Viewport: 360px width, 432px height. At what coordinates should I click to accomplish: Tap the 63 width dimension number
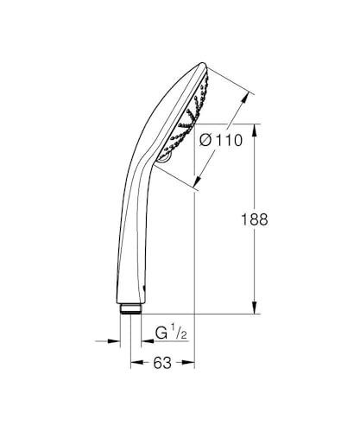pyautogui.click(x=161, y=363)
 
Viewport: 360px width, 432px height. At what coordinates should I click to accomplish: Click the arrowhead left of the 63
pyautogui.click(x=135, y=364)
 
